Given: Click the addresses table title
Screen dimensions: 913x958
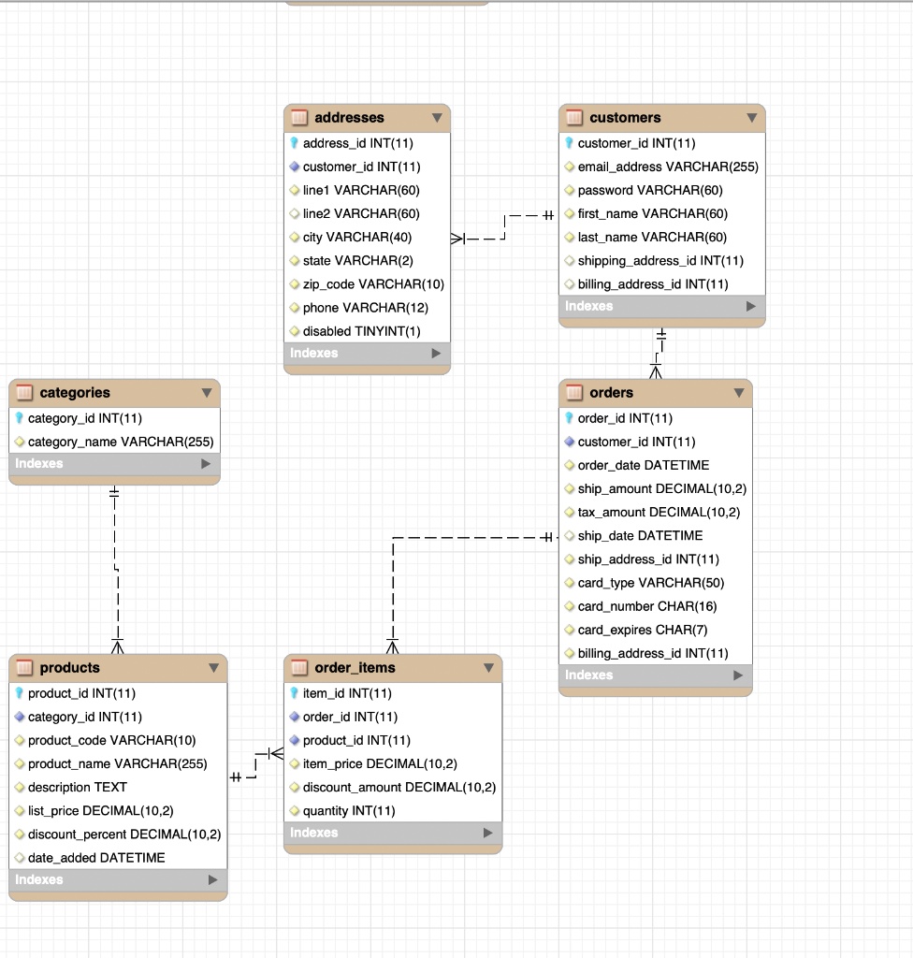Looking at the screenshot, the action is (x=349, y=117).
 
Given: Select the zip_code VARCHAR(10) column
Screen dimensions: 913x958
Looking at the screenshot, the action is (x=373, y=284).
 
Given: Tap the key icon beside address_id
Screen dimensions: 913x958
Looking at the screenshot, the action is (x=294, y=143).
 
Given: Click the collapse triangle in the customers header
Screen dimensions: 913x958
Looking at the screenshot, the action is (x=752, y=117).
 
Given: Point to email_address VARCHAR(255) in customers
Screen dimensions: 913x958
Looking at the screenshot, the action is (x=668, y=167).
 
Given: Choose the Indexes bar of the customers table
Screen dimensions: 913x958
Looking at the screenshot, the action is (x=662, y=306).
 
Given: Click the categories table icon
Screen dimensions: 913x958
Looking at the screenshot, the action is (x=24, y=392).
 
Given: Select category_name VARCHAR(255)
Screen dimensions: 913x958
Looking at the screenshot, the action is (x=121, y=442).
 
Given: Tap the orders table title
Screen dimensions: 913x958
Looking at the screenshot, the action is (x=611, y=392).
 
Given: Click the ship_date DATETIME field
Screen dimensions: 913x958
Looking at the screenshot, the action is (x=640, y=536).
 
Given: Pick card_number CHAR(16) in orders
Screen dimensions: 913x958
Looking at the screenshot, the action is (x=647, y=606).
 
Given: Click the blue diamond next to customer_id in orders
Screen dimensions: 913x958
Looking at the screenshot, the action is (x=569, y=442).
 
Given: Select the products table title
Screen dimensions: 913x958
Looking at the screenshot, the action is (x=69, y=668).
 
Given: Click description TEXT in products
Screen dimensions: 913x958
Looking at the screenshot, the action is (x=78, y=787).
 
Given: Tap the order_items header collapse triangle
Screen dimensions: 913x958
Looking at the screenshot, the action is (x=489, y=668).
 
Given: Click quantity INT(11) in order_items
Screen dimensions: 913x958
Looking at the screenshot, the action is (x=349, y=811).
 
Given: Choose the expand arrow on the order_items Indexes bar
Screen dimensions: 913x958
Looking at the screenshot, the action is (x=487, y=833).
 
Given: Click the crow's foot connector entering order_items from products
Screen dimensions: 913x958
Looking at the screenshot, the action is (x=276, y=753).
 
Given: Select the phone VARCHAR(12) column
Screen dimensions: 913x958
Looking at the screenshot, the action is (x=366, y=308).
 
